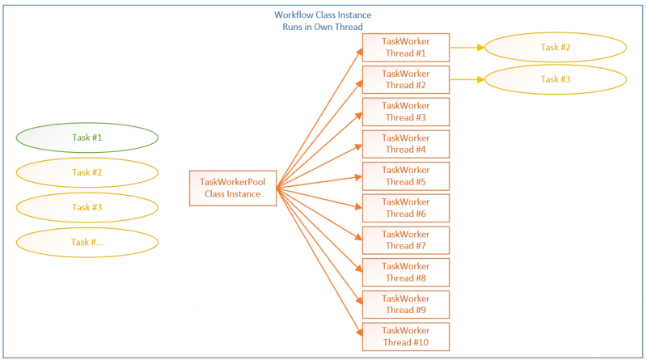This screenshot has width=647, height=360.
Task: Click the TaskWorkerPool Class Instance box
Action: (233, 188)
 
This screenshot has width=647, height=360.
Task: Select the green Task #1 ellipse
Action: (87, 138)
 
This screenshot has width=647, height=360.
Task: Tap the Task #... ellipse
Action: (87, 242)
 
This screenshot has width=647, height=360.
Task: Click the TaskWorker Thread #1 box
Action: (405, 47)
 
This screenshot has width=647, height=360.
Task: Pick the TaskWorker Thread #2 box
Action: (405, 79)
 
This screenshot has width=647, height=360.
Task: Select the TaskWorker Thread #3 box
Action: (405, 112)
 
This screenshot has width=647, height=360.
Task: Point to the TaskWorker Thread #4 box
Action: (405, 143)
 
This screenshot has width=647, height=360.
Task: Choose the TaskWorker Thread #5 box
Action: (405, 176)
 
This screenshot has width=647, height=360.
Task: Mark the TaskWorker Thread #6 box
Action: (405, 208)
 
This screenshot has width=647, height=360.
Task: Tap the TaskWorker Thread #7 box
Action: (405, 240)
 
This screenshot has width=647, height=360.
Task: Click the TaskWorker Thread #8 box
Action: (405, 272)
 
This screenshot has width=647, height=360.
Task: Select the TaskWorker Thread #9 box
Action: (405, 304)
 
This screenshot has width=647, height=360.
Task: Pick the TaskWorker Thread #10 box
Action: (405, 337)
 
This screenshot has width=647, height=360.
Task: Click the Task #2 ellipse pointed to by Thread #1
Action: (556, 48)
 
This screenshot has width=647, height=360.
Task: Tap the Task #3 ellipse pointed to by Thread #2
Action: (556, 79)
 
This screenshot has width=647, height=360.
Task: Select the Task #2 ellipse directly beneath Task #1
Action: (87, 172)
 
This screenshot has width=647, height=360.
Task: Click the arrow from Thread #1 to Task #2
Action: (467, 48)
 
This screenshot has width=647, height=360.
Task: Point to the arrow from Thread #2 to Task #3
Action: (467, 79)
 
